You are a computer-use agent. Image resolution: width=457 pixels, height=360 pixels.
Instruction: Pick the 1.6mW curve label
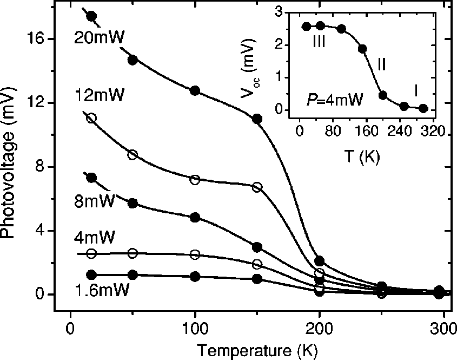click(x=103, y=290)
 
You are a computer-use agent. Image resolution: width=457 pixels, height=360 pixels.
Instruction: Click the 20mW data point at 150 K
click(x=257, y=119)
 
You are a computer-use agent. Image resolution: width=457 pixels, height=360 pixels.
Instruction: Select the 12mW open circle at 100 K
click(x=195, y=180)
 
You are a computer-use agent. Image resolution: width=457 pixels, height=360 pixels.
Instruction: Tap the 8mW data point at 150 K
click(x=257, y=247)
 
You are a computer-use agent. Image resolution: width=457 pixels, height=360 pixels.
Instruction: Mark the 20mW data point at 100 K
click(x=195, y=90)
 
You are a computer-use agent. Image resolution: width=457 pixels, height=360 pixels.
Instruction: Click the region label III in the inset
click(x=319, y=42)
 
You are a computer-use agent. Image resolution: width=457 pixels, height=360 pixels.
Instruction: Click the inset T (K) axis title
click(x=362, y=158)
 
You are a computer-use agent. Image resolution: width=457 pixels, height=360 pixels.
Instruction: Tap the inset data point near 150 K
click(x=362, y=49)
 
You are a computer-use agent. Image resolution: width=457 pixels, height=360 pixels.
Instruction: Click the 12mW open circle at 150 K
click(x=257, y=187)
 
